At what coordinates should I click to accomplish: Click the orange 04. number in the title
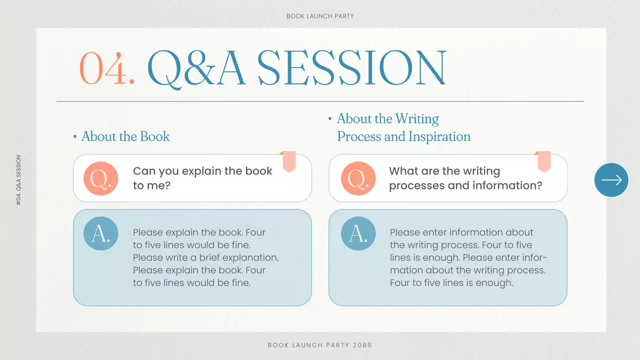pyautogui.click(x=107, y=68)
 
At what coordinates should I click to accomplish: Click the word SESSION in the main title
pyautogui.click(x=351, y=68)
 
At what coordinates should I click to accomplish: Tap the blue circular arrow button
pyautogui.click(x=611, y=180)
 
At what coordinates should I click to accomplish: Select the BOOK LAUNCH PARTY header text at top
pyautogui.click(x=320, y=16)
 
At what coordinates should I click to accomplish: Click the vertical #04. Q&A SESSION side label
pyautogui.click(x=19, y=180)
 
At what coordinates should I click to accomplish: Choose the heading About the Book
pyautogui.click(x=125, y=136)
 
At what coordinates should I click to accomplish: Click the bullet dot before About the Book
pyautogui.click(x=75, y=137)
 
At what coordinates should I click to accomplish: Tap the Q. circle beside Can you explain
pyautogui.click(x=100, y=178)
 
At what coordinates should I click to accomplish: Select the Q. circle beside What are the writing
pyautogui.click(x=358, y=178)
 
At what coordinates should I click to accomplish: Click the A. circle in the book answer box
pyautogui.click(x=100, y=233)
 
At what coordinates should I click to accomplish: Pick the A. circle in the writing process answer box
pyautogui.click(x=358, y=233)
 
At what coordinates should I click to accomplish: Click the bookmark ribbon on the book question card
pyautogui.click(x=289, y=161)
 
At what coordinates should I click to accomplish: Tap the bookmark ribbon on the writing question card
pyautogui.click(x=544, y=161)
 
